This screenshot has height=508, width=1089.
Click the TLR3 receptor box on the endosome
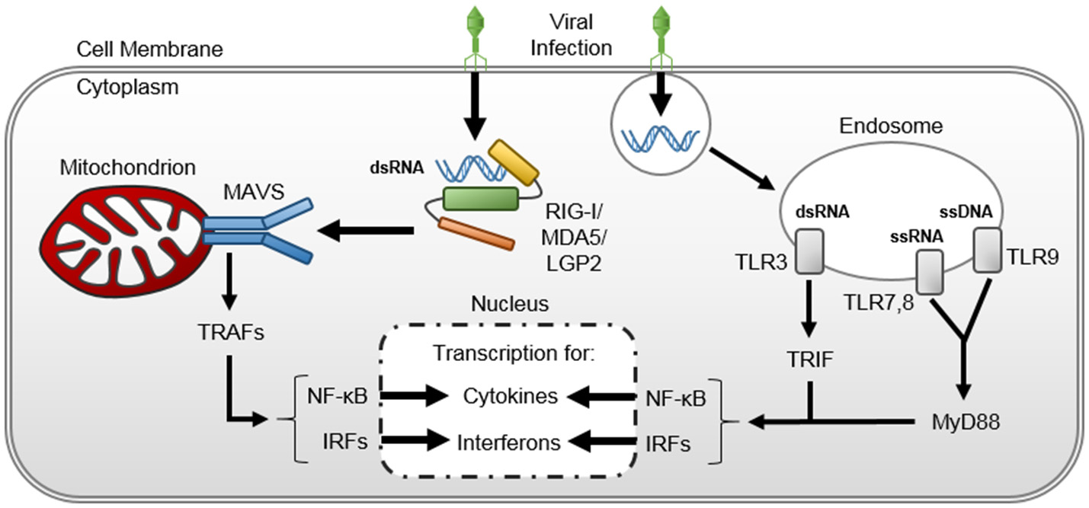pyautogui.click(x=806, y=252)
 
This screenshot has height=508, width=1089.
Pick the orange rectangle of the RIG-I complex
pyautogui.click(x=477, y=233)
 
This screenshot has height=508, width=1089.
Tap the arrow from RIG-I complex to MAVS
pyautogui.click(x=367, y=228)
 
